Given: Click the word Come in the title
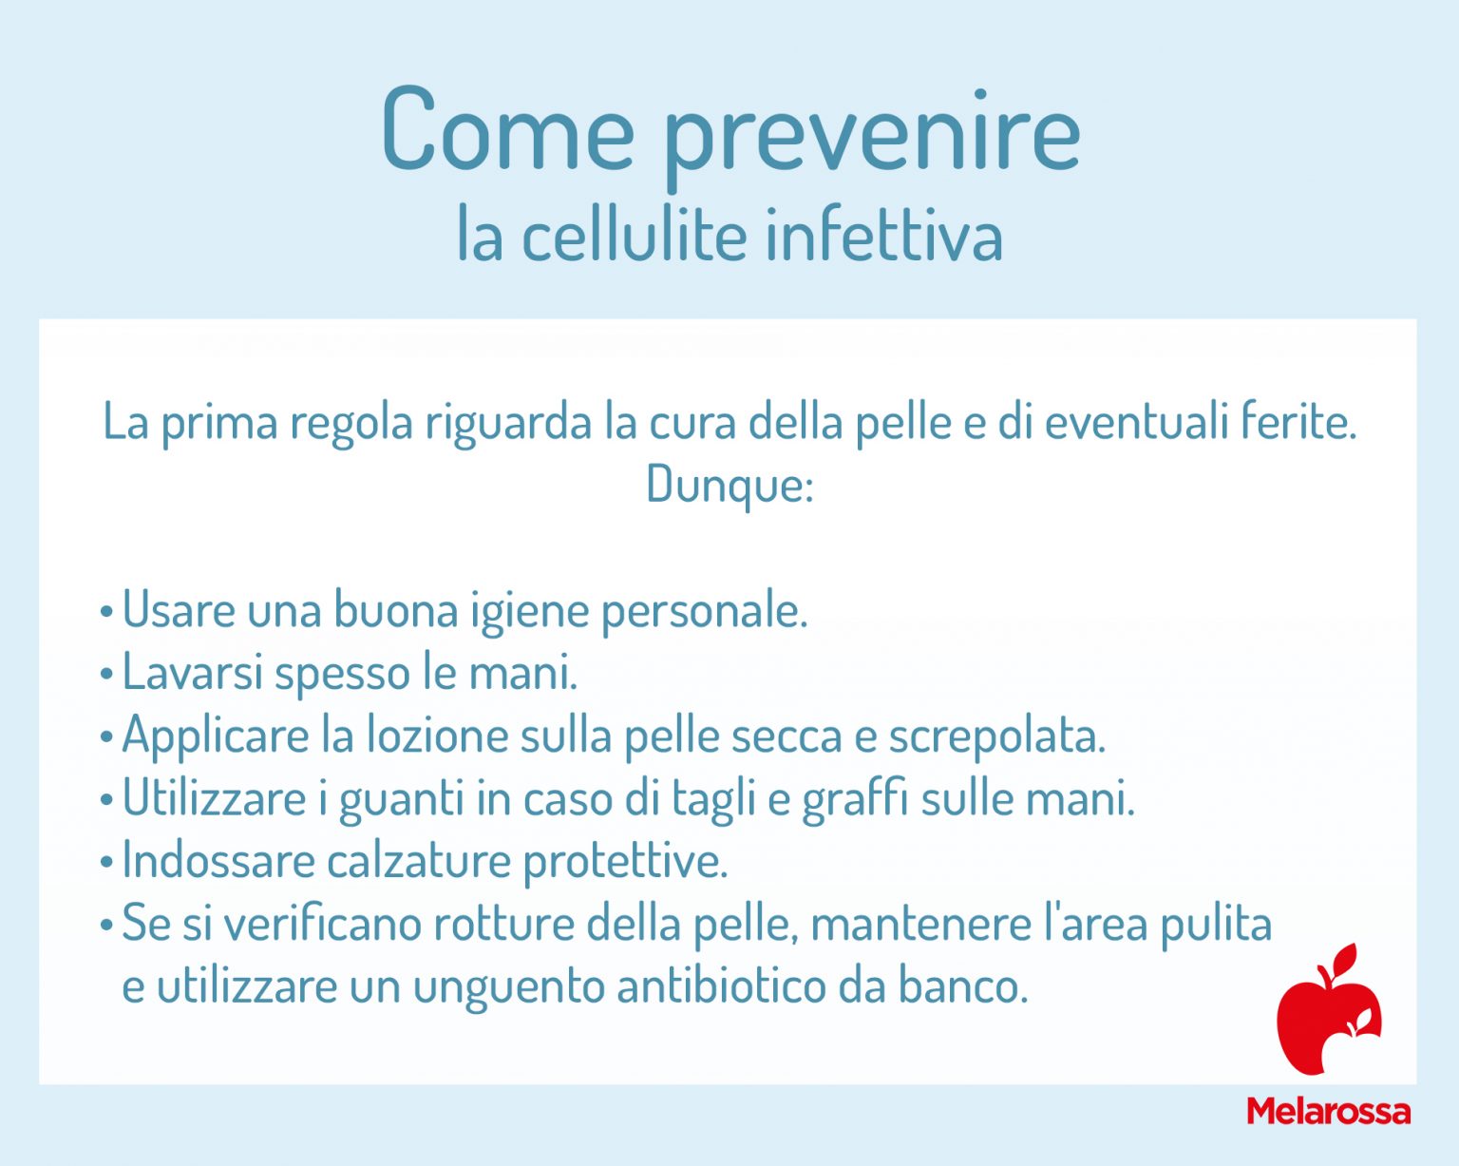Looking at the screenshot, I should (x=507, y=128).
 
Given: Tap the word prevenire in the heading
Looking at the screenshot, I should (x=871, y=133).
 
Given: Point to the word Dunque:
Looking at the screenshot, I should (x=729, y=485).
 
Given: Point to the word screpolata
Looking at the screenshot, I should (x=996, y=736).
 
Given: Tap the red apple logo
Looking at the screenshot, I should (x=1328, y=1010).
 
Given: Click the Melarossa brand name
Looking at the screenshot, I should (x=1328, y=1110).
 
